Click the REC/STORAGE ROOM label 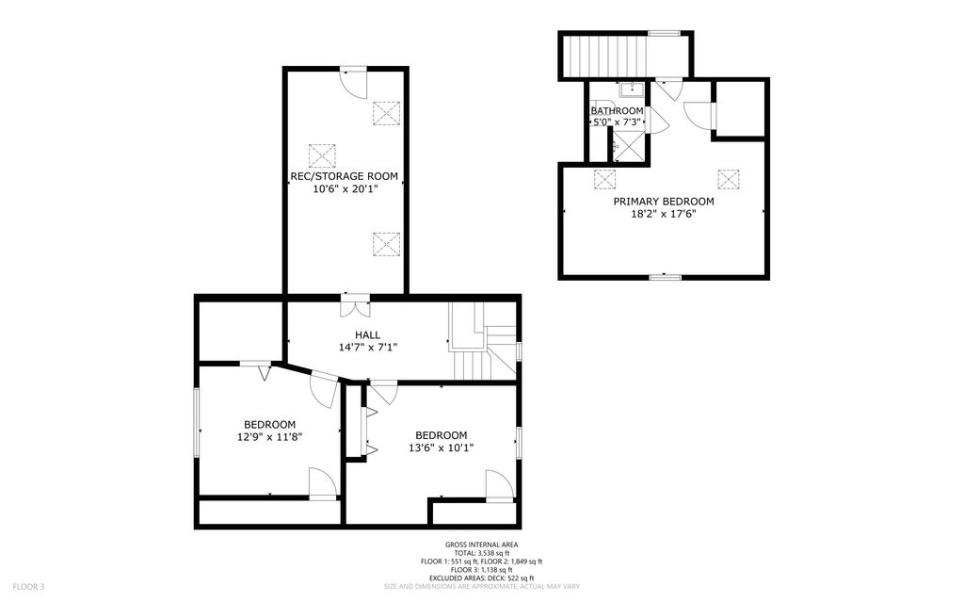click(x=345, y=176)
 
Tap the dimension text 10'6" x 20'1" click(x=345, y=189)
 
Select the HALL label click(x=368, y=334)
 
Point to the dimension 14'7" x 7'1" click(x=368, y=348)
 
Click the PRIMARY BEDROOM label click(x=664, y=202)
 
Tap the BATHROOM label click(x=618, y=111)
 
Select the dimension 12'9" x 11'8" click(x=270, y=437)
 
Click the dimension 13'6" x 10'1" click(x=442, y=448)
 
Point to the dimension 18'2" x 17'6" click(x=664, y=214)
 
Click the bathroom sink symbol click(x=632, y=89)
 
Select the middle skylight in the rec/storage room click(x=322, y=155)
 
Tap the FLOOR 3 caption click(x=28, y=587)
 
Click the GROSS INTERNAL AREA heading click(x=481, y=545)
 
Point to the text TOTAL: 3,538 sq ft click(x=481, y=553)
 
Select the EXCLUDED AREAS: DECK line click(x=481, y=578)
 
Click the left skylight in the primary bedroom click(x=604, y=179)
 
